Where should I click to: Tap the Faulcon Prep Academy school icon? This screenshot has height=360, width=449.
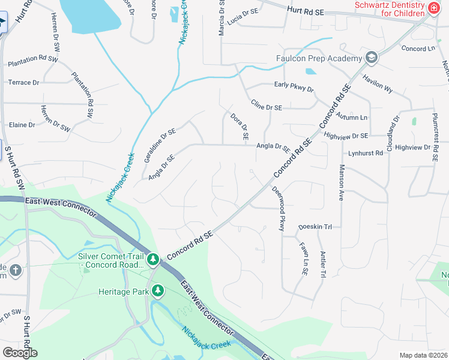coord(372,58)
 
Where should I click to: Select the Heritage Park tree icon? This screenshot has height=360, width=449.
coord(157,292)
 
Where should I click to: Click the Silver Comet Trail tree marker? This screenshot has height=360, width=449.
coord(153,259)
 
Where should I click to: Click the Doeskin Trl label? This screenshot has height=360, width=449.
coord(315,227)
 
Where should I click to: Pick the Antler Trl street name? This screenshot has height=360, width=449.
coord(323,264)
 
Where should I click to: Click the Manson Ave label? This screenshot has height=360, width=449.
coord(342,182)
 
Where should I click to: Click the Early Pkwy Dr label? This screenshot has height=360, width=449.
coord(294,86)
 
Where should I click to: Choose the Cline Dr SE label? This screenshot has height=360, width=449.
coord(266,107)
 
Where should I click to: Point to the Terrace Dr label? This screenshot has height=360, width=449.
coord(23,82)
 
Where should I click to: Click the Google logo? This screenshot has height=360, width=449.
coord(20,352)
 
